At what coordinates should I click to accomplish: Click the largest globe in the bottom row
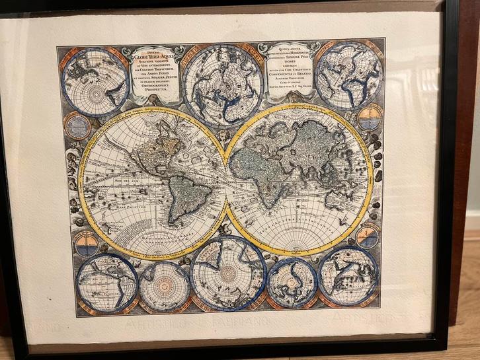point(228,272)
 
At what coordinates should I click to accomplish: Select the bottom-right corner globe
point(348,275)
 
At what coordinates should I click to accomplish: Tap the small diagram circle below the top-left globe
point(77,126)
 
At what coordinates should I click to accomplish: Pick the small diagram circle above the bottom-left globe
point(86,244)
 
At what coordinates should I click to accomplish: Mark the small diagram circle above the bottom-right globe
point(368,236)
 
